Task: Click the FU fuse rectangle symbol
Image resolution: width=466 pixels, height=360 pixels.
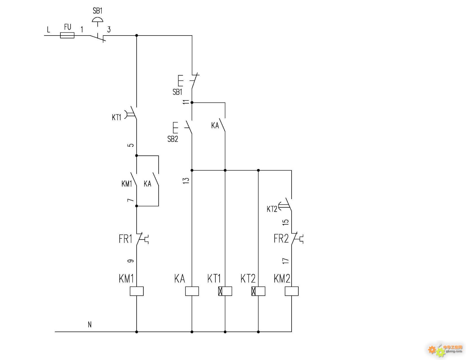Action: coord(67,35)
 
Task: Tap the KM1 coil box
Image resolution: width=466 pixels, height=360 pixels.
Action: coord(137,291)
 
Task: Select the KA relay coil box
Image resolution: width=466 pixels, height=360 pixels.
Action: coord(192,291)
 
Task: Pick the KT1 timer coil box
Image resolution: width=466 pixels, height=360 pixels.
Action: coord(225,291)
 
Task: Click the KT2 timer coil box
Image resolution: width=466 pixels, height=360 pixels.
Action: coord(259,291)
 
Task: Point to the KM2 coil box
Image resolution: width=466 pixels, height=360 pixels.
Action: coord(292,291)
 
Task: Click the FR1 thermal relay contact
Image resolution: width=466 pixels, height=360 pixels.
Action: coord(141,239)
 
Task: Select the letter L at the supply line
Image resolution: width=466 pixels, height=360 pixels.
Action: coord(49,29)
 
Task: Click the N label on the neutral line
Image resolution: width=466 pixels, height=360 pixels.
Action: coord(90,324)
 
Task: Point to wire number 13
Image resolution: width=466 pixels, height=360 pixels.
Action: coord(186,180)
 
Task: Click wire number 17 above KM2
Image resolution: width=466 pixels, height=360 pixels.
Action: coord(286,261)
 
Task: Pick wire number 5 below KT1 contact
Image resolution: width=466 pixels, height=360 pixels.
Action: coord(131,145)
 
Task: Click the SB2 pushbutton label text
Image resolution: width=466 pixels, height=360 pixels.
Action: coord(173,139)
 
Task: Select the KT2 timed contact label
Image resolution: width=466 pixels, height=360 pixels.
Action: coord(272,209)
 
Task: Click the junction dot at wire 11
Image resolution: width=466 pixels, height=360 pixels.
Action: coord(192,103)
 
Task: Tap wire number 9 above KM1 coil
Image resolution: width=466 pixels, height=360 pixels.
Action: coord(131,261)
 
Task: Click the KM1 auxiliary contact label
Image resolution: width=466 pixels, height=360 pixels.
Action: coord(127,184)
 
